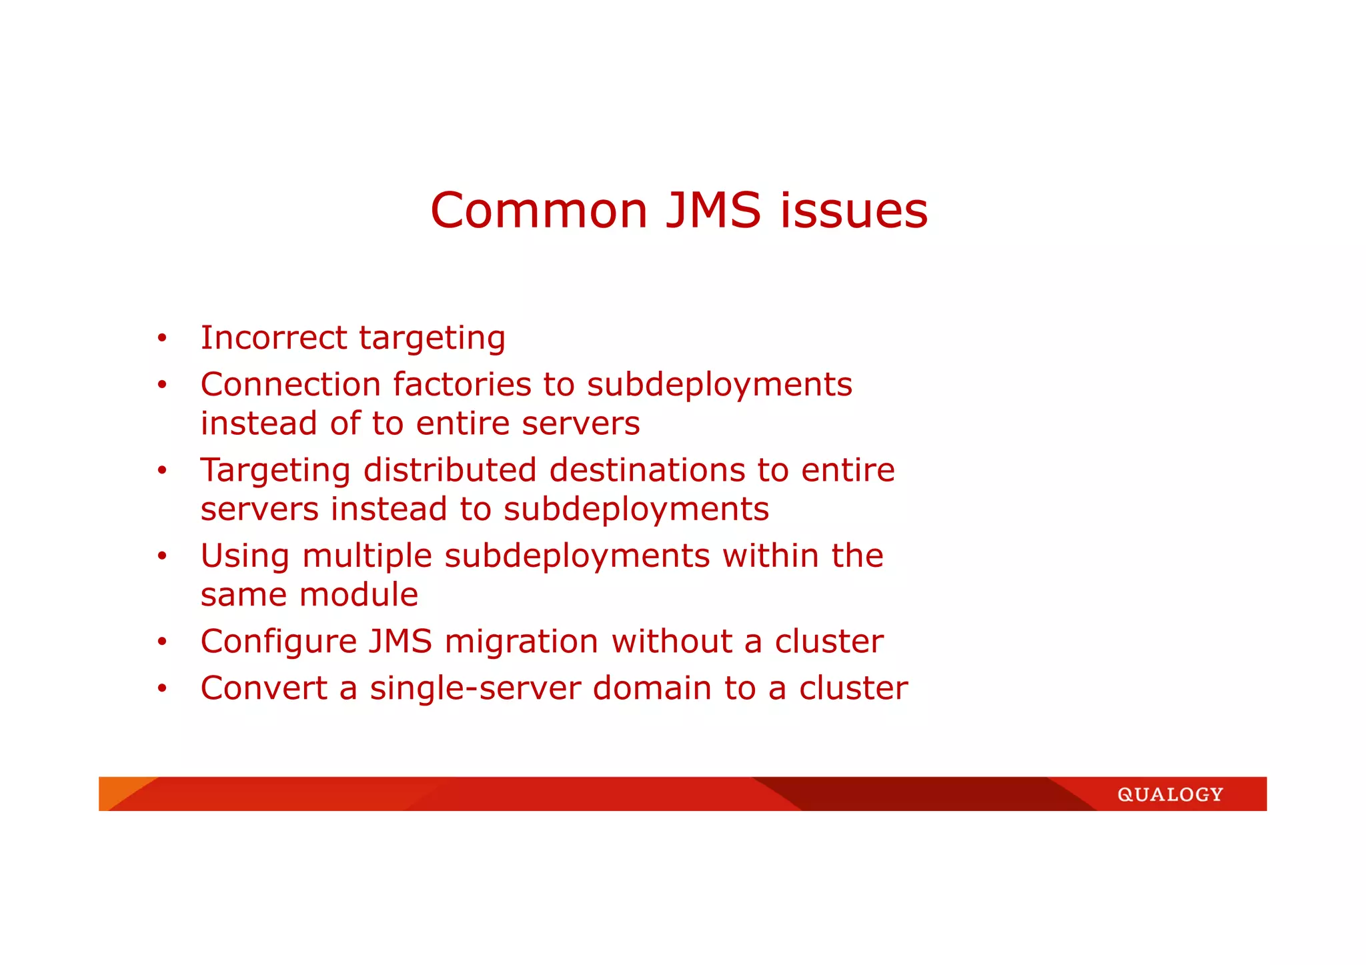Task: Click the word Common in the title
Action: click(x=539, y=211)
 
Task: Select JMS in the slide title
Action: click(x=713, y=211)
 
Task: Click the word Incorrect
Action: click(x=273, y=337)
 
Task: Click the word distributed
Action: click(x=450, y=470)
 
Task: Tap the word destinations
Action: click(x=646, y=470)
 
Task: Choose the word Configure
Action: click(x=279, y=642)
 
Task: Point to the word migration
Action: click(x=521, y=642)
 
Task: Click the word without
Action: click(x=672, y=642)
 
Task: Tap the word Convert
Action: click(x=264, y=688)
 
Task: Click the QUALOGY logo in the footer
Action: click(x=1170, y=794)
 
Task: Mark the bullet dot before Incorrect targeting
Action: click(x=162, y=338)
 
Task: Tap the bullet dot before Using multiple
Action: click(x=162, y=556)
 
